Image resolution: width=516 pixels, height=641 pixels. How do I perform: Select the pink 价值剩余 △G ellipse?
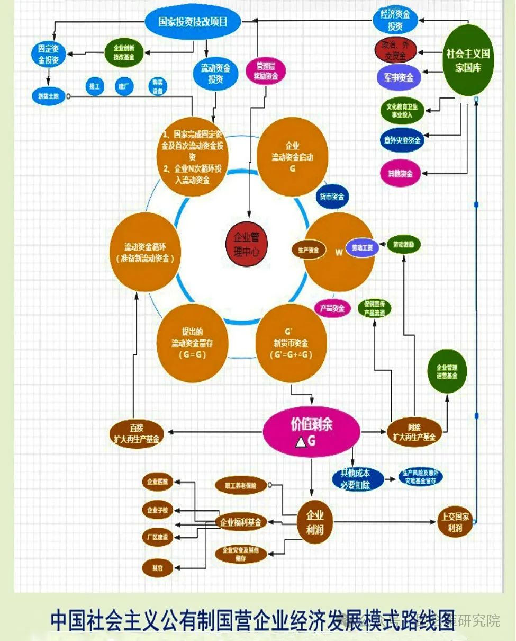[312, 432]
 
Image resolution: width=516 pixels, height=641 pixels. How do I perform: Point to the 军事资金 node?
[399, 77]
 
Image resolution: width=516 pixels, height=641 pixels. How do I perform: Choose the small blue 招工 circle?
[95, 86]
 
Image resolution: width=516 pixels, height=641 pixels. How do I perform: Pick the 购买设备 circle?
[157, 86]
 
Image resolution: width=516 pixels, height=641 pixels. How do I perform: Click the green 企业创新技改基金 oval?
[123, 52]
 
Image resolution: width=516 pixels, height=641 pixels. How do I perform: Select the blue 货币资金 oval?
[332, 197]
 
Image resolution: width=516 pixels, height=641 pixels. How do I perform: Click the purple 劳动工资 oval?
[362, 248]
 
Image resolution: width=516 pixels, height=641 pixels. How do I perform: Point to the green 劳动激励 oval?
[404, 244]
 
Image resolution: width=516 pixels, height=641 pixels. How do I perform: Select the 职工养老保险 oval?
[240, 485]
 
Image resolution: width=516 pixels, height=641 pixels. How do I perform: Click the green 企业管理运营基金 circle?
[447, 371]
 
